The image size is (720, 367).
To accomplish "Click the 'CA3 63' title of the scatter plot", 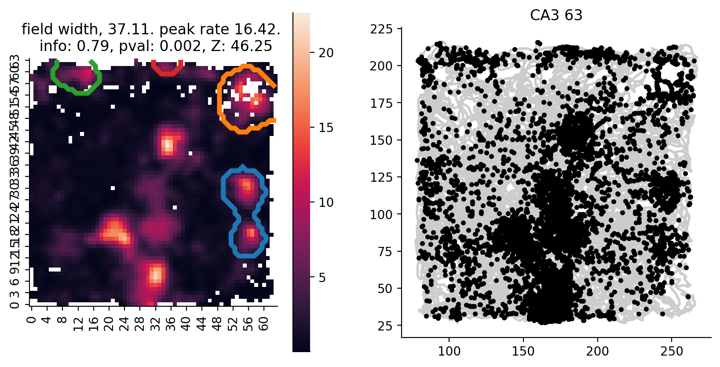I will (556, 15).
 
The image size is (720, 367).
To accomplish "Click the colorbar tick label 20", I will (326, 53).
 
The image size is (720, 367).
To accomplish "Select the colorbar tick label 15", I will (326, 128).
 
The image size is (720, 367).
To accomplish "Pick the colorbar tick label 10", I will (326, 202).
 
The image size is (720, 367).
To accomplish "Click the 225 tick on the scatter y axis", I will (382, 29).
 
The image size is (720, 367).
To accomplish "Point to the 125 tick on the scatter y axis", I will (382, 177).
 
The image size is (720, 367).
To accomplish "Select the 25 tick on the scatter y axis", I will (386, 326).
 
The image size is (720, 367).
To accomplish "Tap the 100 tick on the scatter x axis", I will (449, 351).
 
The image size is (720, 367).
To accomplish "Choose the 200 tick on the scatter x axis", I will (598, 351).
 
